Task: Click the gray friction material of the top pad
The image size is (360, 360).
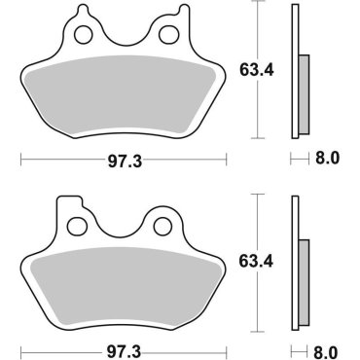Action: click(x=124, y=97)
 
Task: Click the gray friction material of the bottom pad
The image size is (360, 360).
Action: click(x=124, y=282)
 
